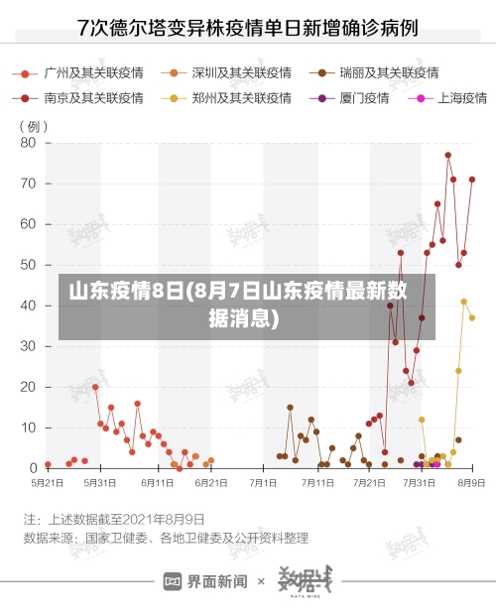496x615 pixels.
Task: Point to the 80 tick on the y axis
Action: tap(28, 143)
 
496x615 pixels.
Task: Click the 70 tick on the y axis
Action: tap(28, 184)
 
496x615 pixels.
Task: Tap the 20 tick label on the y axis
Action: tap(28, 387)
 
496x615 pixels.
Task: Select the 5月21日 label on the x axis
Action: tap(48, 482)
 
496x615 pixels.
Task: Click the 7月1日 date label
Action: tap(263, 482)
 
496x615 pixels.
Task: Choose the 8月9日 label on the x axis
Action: tap(470, 482)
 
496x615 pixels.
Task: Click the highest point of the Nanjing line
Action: tap(448, 155)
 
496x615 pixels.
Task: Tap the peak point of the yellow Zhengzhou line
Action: tap(463, 302)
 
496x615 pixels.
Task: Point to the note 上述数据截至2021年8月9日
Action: tap(114, 519)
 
